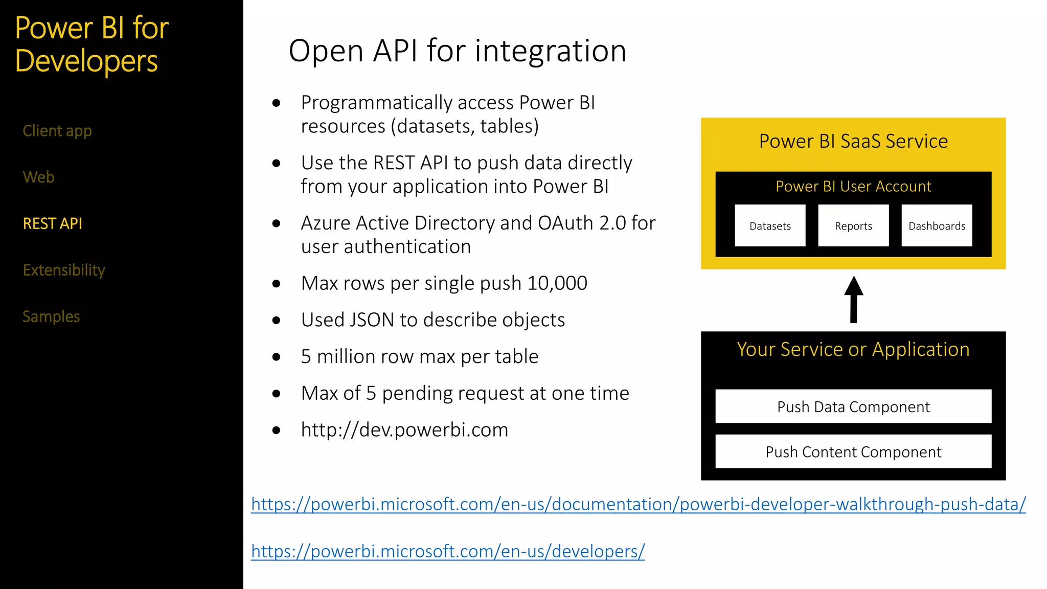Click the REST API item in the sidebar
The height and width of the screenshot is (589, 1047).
coord(52,223)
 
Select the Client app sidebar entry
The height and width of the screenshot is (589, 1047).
coord(57,131)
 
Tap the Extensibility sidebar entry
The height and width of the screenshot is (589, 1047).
coord(64,270)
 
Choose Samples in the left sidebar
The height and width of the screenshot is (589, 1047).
coord(51,316)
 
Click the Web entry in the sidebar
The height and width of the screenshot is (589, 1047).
coord(38,177)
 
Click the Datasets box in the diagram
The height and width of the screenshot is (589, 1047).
coord(770,225)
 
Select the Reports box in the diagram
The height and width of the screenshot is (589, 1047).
coord(853,225)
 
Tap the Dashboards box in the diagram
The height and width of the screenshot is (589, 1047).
coord(937,225)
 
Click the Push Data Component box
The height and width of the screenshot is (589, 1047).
coord(853,406)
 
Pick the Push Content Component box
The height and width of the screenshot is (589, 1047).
coord(853,451)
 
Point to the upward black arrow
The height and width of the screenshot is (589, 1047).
coord(853,300)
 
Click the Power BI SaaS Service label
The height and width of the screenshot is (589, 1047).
coord(853,141)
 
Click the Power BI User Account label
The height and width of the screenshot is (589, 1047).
coord(853,186)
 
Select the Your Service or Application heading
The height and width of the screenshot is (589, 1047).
coord(853,349)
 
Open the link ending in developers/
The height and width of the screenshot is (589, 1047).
coord(448,551)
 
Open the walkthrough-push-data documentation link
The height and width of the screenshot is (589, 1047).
coord(638,504)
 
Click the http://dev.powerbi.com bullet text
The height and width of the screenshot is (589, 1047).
coord(404,430)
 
